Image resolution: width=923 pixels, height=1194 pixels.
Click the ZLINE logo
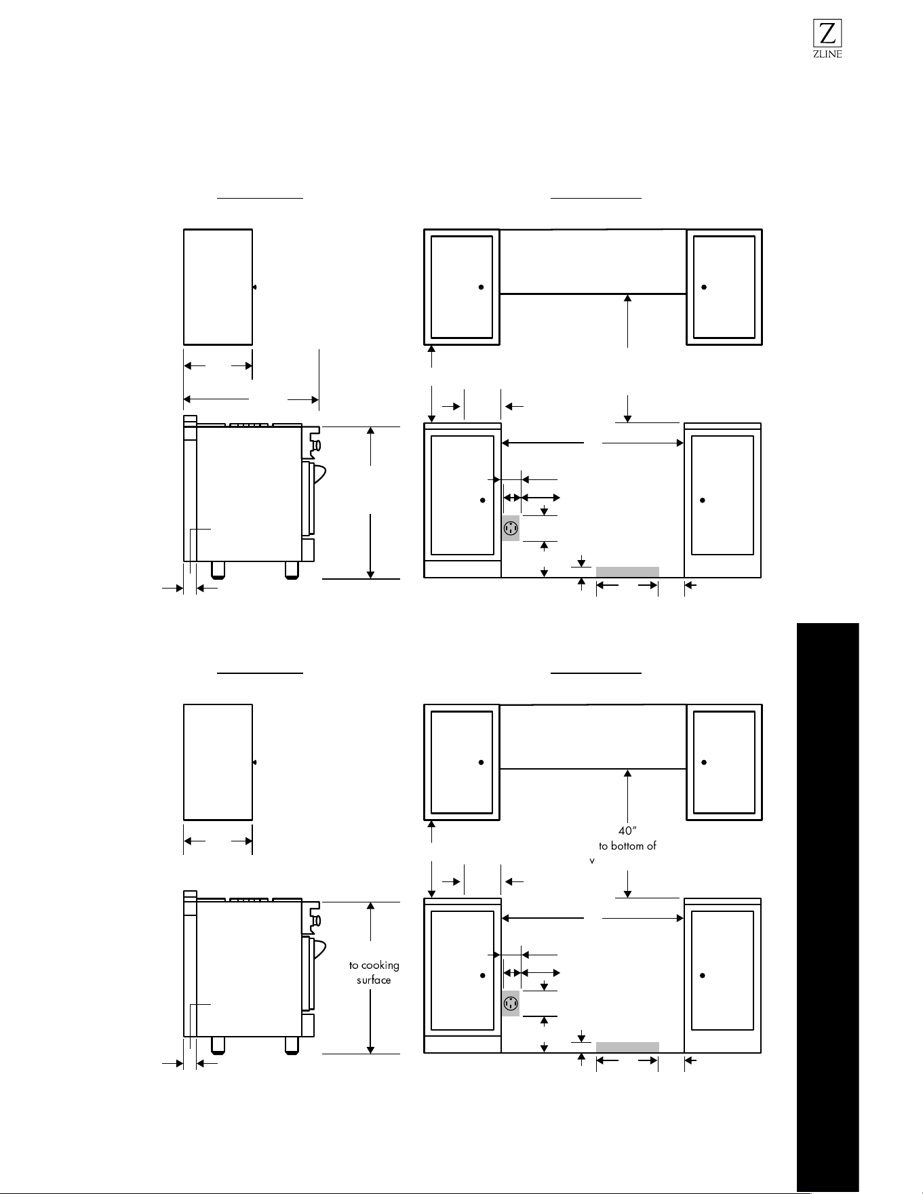[x=827, y=39]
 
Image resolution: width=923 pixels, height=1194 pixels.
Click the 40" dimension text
[x=628, y=831]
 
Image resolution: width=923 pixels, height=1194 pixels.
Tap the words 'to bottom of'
[x=627, y=845]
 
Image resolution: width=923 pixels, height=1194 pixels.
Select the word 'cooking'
[x=380, y=966]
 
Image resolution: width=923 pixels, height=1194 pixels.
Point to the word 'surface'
[x=374, y=980]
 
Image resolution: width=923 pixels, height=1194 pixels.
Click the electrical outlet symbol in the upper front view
[x=511, y=528]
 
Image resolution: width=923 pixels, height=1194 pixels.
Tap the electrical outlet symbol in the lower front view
[x=511, y=1003]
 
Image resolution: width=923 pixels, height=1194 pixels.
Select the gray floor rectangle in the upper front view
[x=627, y=572]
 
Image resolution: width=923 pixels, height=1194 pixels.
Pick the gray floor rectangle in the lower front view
[x=627, y=1047]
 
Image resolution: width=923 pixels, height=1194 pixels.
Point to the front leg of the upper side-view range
[x=291, y=570]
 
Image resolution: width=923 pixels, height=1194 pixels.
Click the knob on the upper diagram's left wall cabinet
[x=481, y=287]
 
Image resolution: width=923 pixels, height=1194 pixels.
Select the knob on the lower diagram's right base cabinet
[x=703, y=976]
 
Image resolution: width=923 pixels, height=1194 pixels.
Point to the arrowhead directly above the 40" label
[x=628, y=774]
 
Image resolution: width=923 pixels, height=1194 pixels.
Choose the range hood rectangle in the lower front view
[x=593, y=737]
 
